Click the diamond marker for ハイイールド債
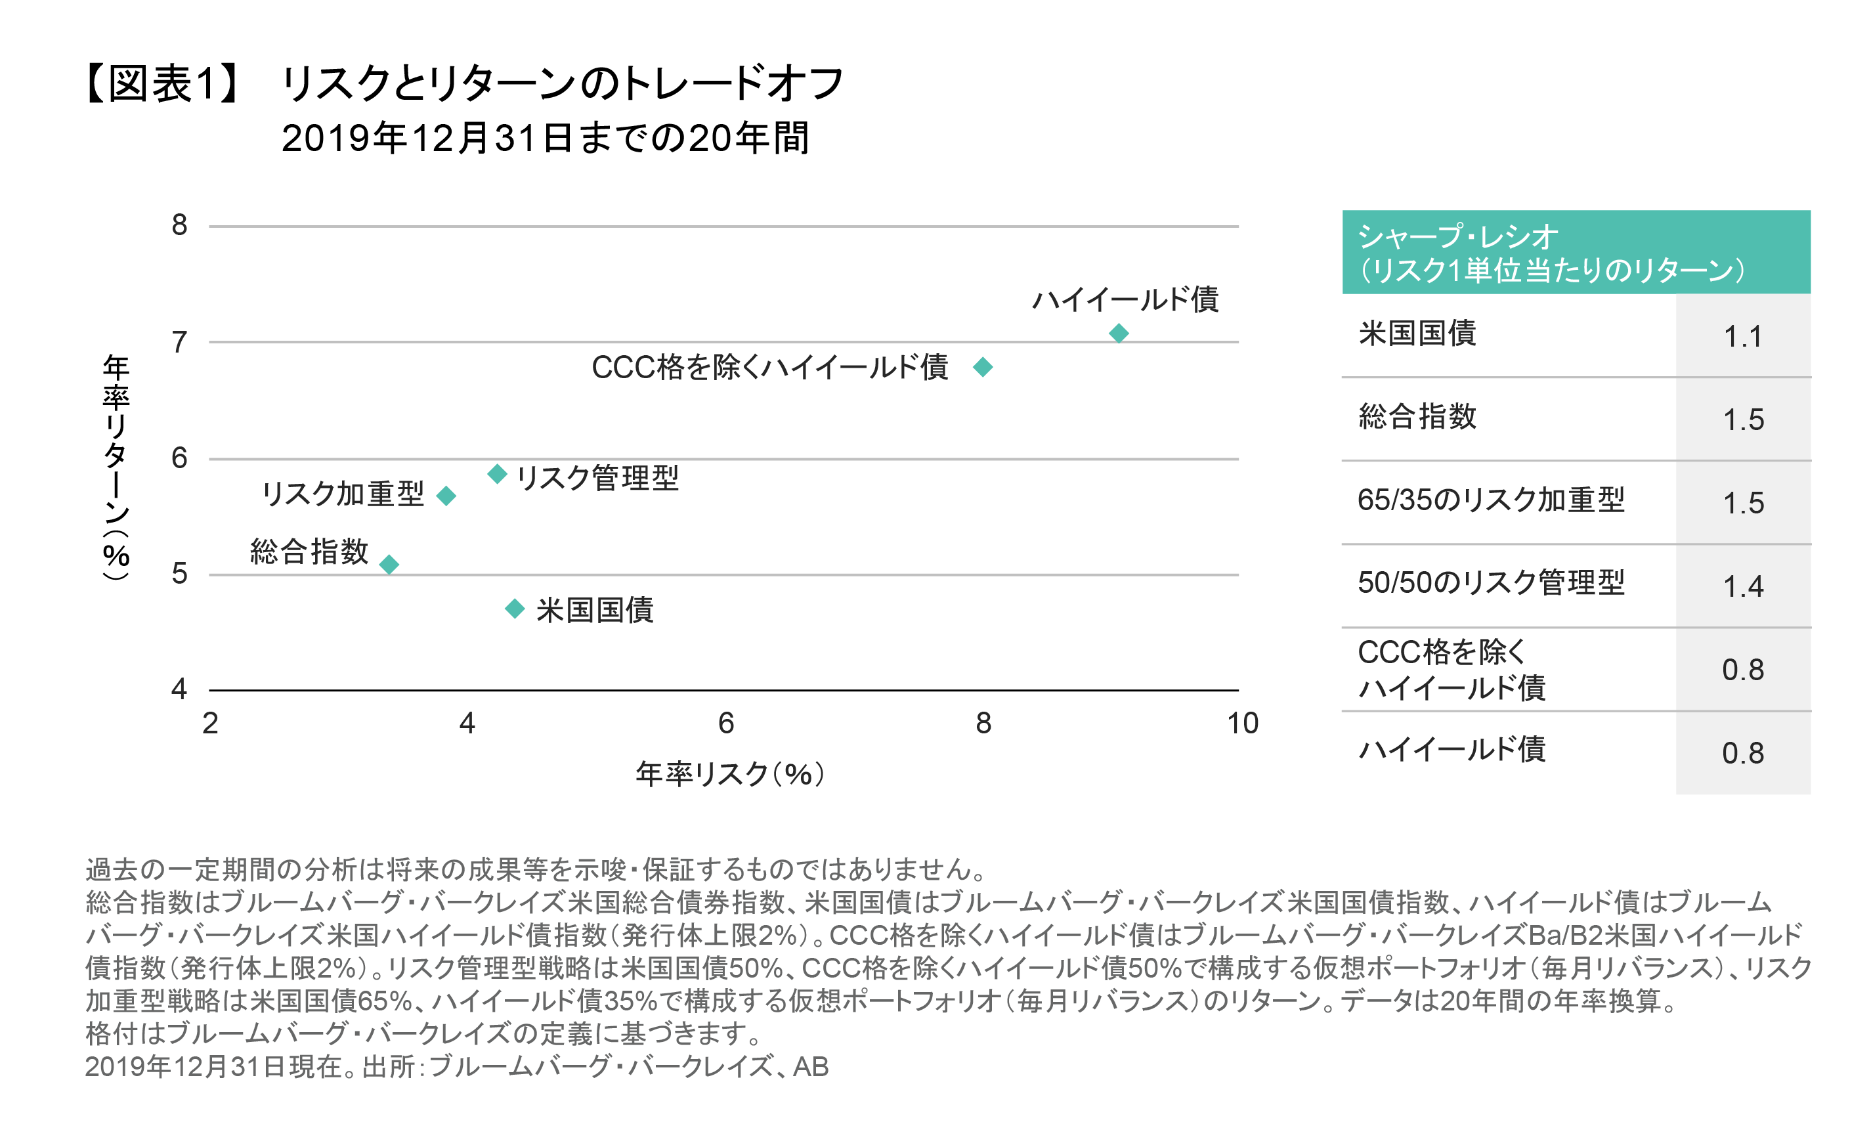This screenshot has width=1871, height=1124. [1119, 334]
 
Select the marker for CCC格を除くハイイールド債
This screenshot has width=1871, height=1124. [983, 368]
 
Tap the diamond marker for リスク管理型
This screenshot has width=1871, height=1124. [497, 474]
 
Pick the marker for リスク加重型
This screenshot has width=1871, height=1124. [446, 496]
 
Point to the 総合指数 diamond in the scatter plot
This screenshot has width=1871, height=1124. [389, 564]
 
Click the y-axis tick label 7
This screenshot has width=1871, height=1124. [179, 342]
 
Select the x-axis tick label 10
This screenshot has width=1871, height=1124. [1242, 724]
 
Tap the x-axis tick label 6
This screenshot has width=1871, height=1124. [725, 724]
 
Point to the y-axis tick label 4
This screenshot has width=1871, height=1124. [179, 689]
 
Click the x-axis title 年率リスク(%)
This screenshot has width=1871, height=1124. [729, 774]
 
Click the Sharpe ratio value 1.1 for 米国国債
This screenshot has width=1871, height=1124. [1742, 336]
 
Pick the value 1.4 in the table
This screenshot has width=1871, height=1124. [1742, 586]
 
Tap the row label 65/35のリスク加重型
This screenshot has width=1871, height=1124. [1490, 500]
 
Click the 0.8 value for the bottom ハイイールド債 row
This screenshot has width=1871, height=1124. [1742, 753]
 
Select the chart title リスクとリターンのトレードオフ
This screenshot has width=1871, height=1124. [562, 83]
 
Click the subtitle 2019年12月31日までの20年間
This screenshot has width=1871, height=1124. [545, 138]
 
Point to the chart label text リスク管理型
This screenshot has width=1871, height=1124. [597, 478]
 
